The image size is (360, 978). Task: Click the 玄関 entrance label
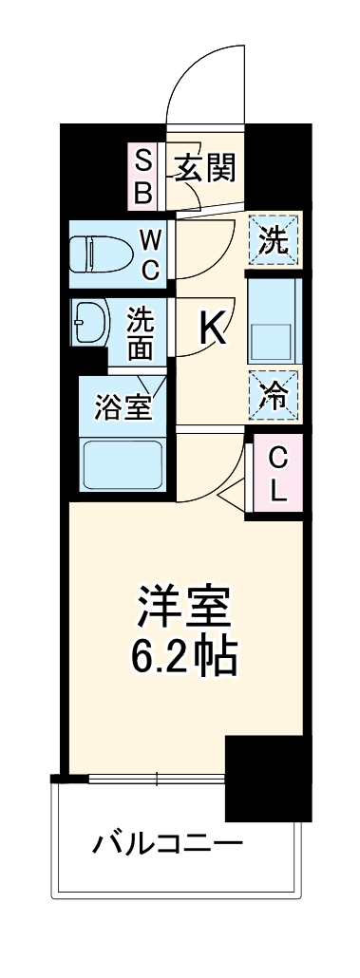click(x=204, y=168)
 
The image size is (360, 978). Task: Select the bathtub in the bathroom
click(x=122, y=463)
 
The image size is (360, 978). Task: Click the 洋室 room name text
click(x=184, y=606)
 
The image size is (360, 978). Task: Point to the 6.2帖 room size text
click(x=184, y=655)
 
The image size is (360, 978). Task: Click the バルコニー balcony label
click(x=167, y=841)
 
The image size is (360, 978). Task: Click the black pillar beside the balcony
click(x=267, y=777)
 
